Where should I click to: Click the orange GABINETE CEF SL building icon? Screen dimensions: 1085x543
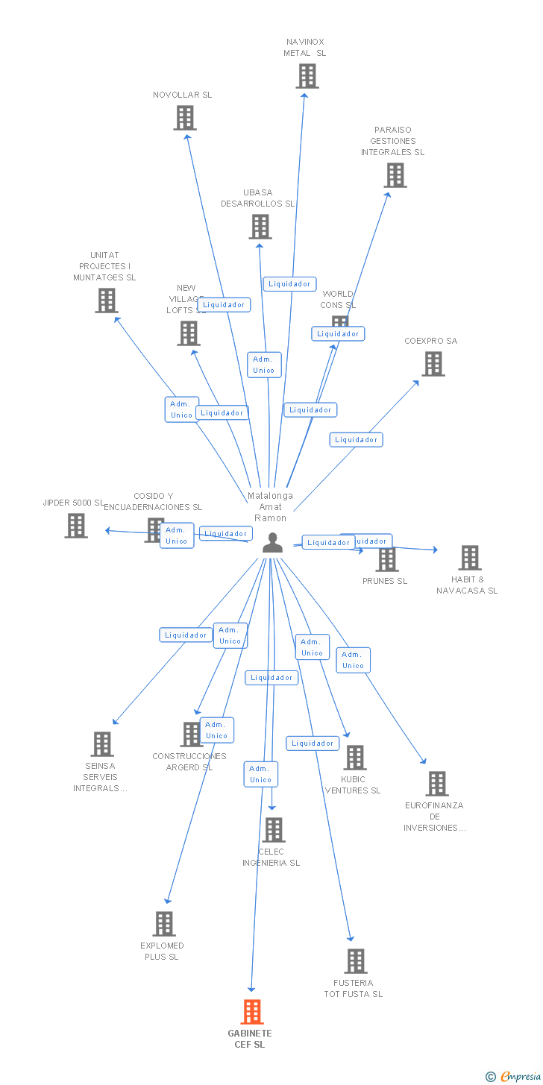point(253,1012)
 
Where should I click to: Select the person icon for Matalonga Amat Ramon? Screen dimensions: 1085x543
point(273,543)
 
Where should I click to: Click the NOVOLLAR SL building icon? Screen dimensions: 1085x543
point(185,118)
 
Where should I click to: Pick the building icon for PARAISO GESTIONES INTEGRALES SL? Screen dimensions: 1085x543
point(395,175)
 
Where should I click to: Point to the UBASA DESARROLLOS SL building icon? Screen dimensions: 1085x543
point(260,227)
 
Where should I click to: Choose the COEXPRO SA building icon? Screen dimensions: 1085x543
point(433,364)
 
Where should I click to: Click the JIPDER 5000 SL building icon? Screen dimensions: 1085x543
point(76,526)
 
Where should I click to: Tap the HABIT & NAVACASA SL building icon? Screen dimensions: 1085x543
point(470,558)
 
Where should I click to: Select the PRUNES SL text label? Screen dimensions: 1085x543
point(385,581)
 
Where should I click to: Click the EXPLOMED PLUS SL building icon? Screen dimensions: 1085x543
point(164,924)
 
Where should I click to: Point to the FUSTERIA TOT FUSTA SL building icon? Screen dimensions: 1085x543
point(356,961)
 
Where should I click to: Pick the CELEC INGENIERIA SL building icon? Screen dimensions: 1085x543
point(274,830)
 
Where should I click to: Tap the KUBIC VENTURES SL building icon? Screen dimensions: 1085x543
point(355,758)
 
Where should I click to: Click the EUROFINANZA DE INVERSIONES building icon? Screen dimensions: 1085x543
point(437,784)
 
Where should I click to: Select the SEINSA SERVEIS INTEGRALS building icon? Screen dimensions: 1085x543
point(102,744)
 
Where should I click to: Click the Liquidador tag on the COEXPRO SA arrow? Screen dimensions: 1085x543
point(356,440)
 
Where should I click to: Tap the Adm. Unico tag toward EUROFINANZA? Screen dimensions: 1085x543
point(353,660)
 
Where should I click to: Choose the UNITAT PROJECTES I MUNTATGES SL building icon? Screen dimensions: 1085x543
point(107,301)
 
